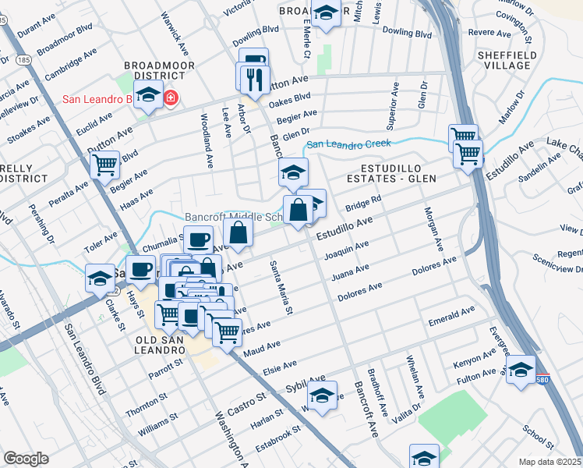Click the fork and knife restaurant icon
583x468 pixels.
[x=253, y=78]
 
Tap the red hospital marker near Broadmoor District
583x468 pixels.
[x=169, y=98]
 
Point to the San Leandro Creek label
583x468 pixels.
[x=348, y=144]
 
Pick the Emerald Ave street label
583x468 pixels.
[x=451, y=316]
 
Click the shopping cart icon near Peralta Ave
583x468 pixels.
[x=104, y=165]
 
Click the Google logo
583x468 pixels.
[x=26, y=458]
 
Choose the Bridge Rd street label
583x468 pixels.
[x=362, y=204]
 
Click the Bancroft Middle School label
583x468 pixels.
[x=231, y=218]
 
